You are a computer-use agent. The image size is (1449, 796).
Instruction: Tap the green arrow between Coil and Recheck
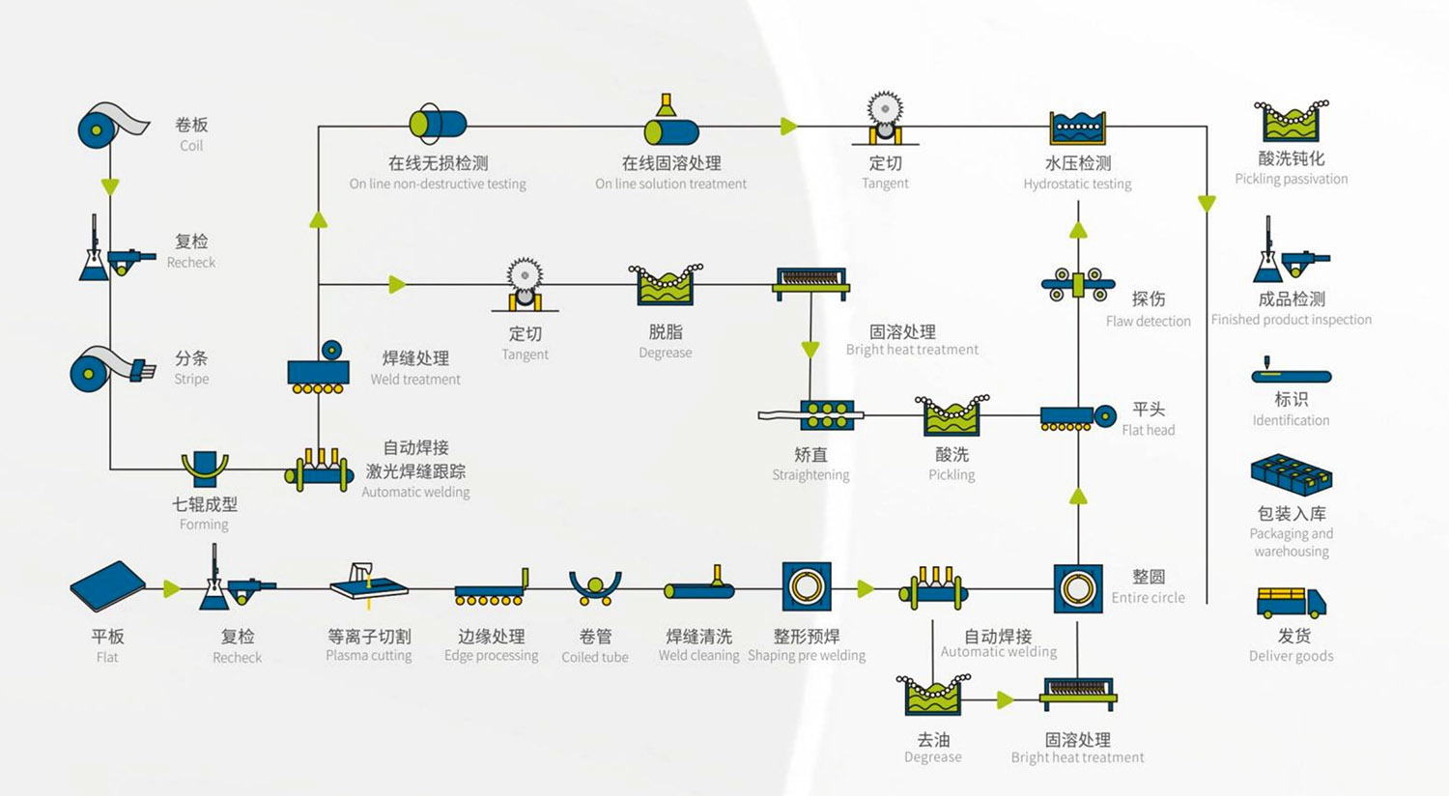coord(110,185)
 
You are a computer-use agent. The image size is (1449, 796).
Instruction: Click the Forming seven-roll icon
coord(205,469)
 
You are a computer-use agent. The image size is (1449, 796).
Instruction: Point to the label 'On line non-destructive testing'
coord(438,184)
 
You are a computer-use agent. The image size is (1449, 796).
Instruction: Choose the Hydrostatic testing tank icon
coord(1077,127)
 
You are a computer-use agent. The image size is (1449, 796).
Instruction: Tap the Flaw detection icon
coord(1078,285)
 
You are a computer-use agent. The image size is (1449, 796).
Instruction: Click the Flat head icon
coord(1077,417)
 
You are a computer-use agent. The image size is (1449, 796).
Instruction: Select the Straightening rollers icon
coord(826,415)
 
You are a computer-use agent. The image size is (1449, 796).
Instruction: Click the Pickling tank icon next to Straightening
coord(952,415)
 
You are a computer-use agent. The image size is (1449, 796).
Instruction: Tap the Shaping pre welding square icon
coord(806,587)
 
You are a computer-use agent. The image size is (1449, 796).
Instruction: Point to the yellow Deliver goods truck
coord(1291,603)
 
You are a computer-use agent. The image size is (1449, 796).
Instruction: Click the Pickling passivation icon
coord(1291,122)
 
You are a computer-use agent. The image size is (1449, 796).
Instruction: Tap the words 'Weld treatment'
coord(415,380)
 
